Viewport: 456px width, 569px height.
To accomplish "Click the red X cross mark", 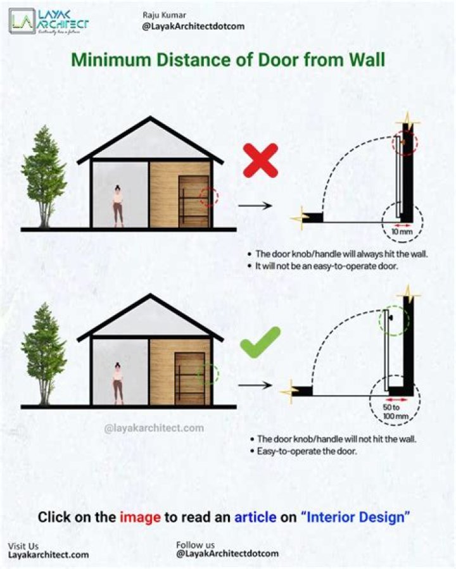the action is (x=260, y=160).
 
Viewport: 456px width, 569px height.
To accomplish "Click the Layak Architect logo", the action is (x=49, y=22).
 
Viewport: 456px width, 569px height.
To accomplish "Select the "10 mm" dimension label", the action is (x=402, y=232).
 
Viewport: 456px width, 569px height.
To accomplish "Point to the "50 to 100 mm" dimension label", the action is (x=395, y=412).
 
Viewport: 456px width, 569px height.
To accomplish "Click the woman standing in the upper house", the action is (x=118, y=206).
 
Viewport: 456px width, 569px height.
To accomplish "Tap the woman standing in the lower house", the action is (x=118, y=383).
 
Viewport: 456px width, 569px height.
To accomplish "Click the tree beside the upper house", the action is (x=44, y=177).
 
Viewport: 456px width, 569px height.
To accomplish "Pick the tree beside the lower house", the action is (x=44, y=354).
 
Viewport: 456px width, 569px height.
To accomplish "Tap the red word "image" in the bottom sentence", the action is (x=140, y=517).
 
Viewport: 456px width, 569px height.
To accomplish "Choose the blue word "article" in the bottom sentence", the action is (x=255, y=516).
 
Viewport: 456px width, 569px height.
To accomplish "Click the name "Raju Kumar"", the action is (x=164, y=15).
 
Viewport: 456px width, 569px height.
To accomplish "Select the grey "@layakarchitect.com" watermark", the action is (x=154, y=428).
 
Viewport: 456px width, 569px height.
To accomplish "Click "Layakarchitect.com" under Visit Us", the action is (x=48, y=555).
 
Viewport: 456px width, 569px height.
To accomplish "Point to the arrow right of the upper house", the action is (x=255, y=206).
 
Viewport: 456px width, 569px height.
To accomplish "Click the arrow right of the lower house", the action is (x=255, y=385).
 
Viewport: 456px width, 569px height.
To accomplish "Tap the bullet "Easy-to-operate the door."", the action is (x=303, y=451).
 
